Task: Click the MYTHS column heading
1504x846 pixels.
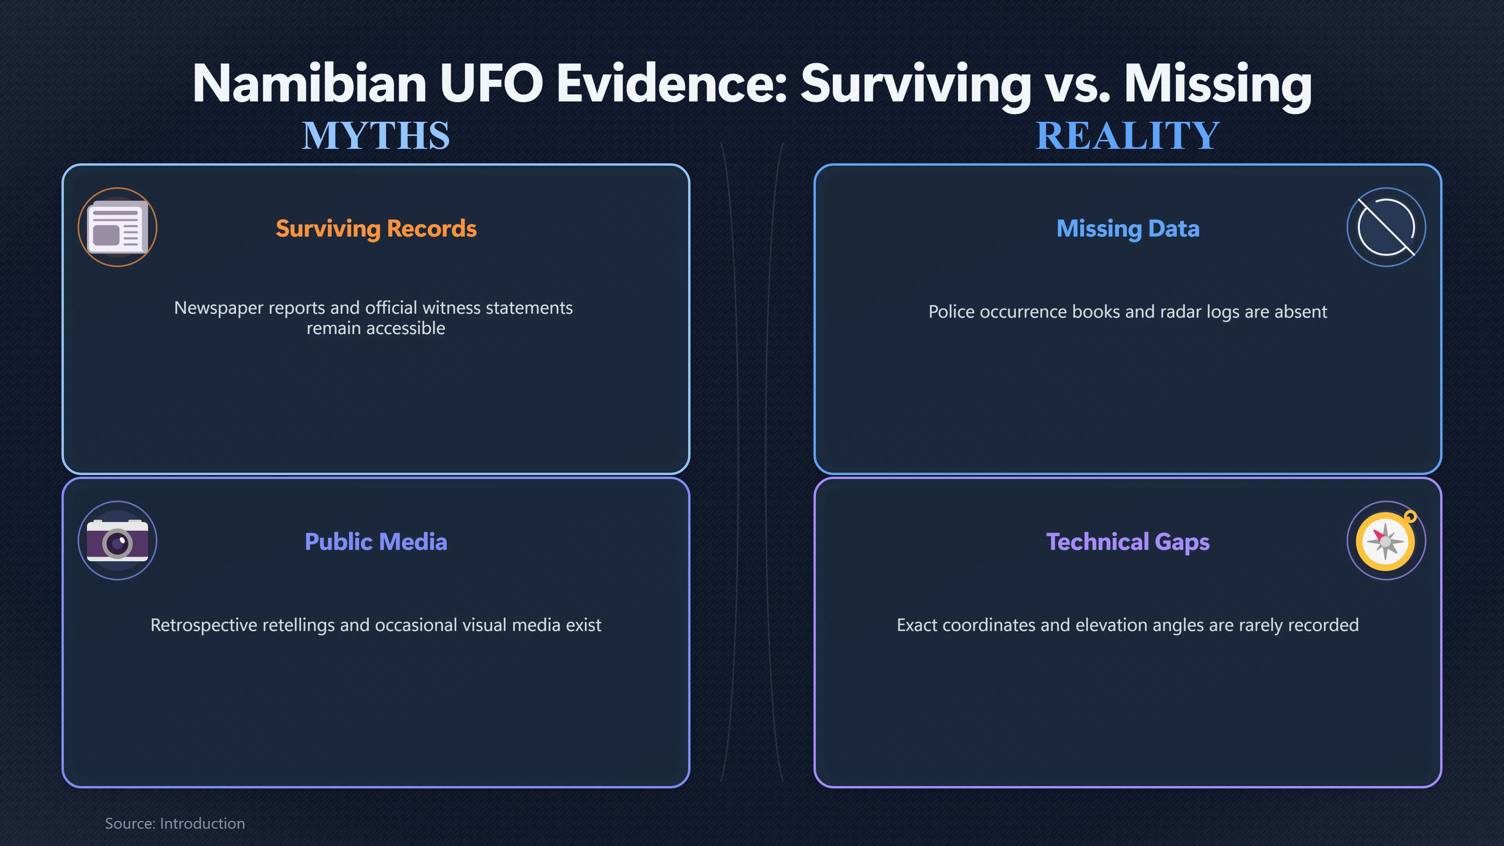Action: (376, 136)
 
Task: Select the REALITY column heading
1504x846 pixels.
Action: (1128, 136)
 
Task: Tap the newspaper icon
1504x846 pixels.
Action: (117, 227)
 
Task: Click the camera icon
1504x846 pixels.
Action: (117, 540)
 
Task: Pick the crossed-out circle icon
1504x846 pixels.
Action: (1386, 227)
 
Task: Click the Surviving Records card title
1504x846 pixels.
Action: (376, 228)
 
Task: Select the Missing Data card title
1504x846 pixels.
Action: (1128, 228)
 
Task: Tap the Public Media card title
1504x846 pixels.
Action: (376, 542)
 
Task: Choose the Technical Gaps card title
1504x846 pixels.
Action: (1128, 542)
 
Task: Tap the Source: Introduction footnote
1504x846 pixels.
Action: (175, 823)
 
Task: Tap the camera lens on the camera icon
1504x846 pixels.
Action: (117, 544)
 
